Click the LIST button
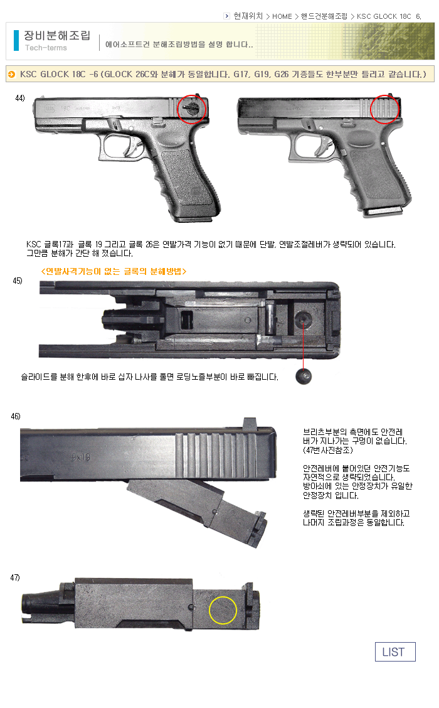point(394,652)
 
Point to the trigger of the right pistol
point(325,145)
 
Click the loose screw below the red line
point(303,376)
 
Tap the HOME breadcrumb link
point(282,16)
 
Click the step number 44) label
point(20,98)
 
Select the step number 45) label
point(18,281)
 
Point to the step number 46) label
point(16,416)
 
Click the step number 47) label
point(15,577)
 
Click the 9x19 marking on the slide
point(80,457)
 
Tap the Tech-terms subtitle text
point(46,48)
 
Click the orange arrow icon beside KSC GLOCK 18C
point(12,74)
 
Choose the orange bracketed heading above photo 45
point(114,271)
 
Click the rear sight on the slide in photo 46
point(250,424)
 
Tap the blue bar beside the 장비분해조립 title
point(16,41)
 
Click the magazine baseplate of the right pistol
point(384,212)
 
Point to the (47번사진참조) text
point(328,450)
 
